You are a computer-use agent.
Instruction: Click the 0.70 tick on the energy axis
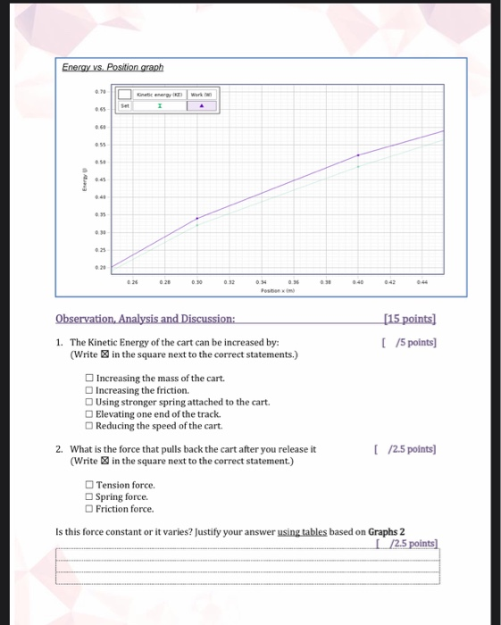click(x=102, y=92)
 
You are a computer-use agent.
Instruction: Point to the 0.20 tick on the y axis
click(x=102, y=268)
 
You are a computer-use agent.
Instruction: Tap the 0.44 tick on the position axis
click(x=422, y=281)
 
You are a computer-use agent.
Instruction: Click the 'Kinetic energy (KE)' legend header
click(x=159, y=93)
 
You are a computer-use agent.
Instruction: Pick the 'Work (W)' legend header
click(x=202, y=93)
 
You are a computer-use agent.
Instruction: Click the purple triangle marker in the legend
click(x=202, y=105)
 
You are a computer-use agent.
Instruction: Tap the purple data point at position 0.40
click(x=359, y=155)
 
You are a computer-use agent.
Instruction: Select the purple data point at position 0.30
click(x=197, y=218)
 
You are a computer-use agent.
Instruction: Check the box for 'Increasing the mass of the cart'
click(x=89, y=379)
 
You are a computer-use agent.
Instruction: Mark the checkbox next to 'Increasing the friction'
click(x=89, y=390)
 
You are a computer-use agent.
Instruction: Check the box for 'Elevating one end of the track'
click(x=89, y=413)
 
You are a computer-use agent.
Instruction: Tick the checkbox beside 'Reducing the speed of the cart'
click(x=89, y=425)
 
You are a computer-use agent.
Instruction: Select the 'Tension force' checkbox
click(x=89, y=485)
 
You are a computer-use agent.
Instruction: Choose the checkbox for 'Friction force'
click(x=89, y=509)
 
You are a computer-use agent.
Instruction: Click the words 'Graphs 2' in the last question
click(x=387, y=532)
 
